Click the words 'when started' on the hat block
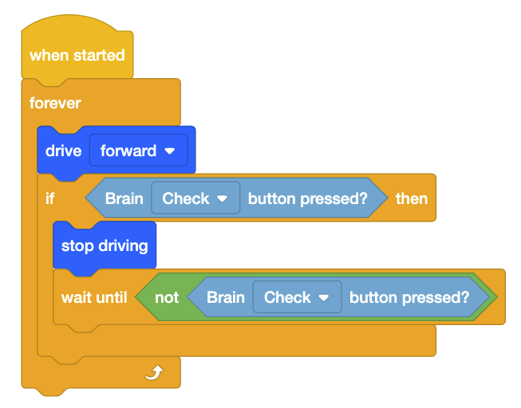point(77,56)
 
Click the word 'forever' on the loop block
point(55,103)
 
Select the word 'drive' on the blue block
point(63,151)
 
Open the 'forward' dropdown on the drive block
point(138,151)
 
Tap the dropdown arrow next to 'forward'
point(170,151)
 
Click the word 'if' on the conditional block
point(49,198)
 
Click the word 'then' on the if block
point(412,198)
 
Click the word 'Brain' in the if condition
point(124,198)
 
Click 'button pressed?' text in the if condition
point(308,198)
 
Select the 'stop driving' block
point(105,245)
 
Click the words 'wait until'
point(94,297)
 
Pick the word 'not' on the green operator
point(167,297)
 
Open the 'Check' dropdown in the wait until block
point(297,297)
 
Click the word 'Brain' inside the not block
point(226,297)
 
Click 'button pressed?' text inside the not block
point(409,297)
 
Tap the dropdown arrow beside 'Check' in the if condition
point(223,198)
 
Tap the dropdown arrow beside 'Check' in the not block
point(324,297)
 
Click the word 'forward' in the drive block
point(128,151)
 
